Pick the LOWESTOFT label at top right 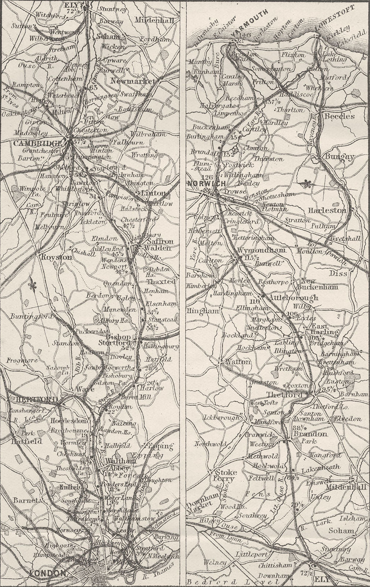[336, 17]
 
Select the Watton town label [238, 362]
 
